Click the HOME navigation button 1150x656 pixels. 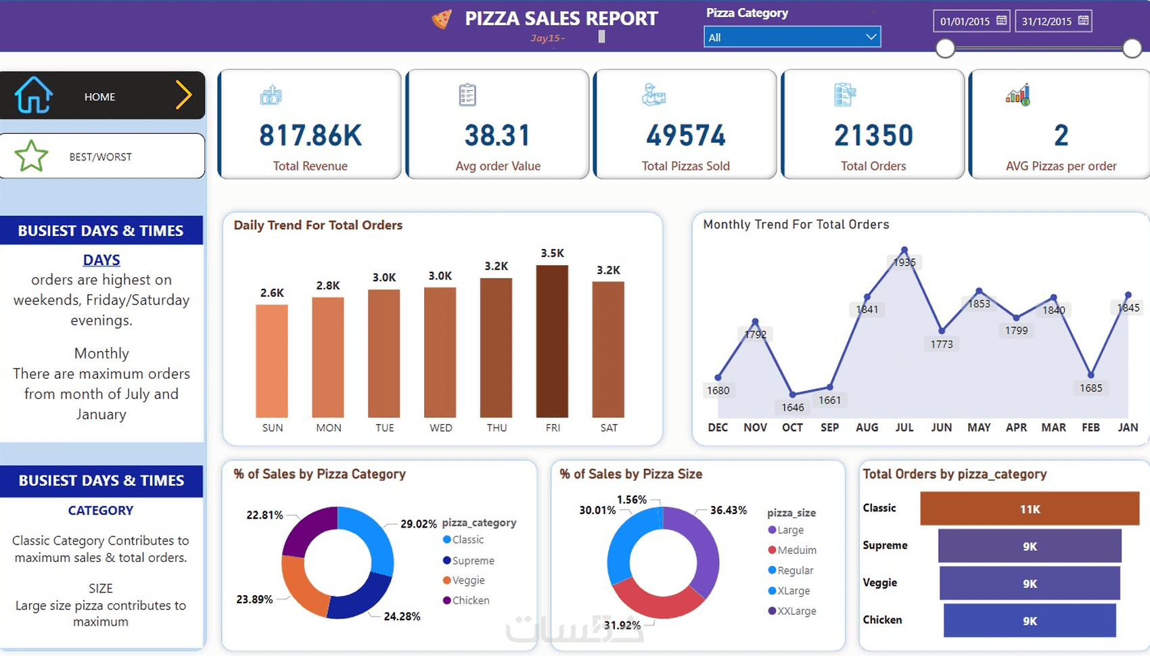(101, 96)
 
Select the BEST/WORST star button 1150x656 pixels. (101, 156)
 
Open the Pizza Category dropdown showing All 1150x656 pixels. (791, 37)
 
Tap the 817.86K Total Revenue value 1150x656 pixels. (310, 136)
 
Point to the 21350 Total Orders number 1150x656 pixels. (873, 136)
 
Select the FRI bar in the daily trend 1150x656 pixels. (552, 341)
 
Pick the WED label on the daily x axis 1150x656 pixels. (440, 427)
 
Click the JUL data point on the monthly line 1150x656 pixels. (904, 250)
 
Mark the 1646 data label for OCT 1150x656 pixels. (793, 407)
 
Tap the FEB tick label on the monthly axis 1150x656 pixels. (1090, 427)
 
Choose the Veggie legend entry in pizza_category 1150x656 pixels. (468, 580)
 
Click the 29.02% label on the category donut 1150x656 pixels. (418, 523)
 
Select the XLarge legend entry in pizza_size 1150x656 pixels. (793, 590)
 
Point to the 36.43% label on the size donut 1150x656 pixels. (728, 510)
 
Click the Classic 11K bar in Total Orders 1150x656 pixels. (1030, 509)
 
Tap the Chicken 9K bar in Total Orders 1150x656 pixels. (1030, 621)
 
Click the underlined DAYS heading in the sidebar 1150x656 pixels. (101, 260)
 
